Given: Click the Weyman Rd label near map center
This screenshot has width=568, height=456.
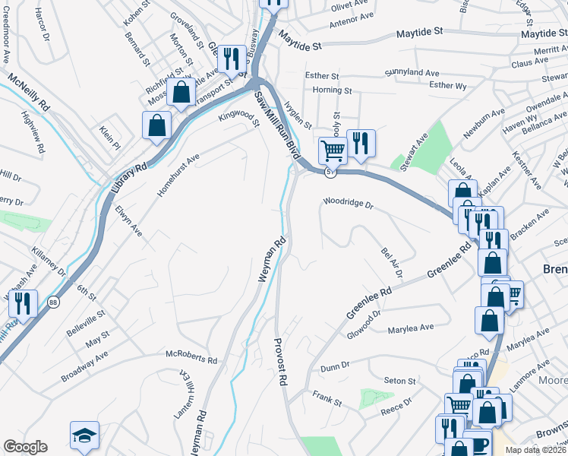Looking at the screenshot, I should pos(272,260).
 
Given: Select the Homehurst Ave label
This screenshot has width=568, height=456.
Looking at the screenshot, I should pos(178,176).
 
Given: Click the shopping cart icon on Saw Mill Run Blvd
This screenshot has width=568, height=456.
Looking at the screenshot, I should pos(332,150).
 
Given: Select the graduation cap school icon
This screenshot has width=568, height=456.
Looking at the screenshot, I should pos(84,435).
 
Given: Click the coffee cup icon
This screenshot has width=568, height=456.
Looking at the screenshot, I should pos(478,445).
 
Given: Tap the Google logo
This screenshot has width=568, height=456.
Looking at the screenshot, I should pos(25,447).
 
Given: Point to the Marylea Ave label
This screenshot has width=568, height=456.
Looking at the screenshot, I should pos(410,327).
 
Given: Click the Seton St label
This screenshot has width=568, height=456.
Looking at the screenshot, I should pos(400,381).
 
